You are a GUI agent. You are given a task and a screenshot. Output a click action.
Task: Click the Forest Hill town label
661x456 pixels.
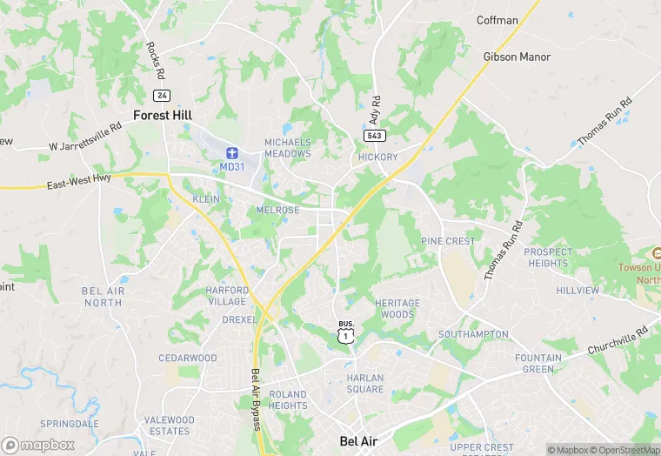tap(163, 115)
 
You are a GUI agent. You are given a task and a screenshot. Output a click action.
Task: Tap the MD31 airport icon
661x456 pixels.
tap(232, 152)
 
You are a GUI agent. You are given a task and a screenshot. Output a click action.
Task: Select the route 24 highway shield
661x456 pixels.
tap(160, 94)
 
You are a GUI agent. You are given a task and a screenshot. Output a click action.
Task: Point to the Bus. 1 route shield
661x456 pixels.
tap(346, 332)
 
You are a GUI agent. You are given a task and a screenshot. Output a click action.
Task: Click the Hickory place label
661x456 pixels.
tap(377, 158)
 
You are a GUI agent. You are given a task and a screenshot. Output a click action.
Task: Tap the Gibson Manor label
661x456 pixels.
tap(517, 57)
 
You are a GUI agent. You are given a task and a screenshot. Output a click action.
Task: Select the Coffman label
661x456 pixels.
tap(497, 20)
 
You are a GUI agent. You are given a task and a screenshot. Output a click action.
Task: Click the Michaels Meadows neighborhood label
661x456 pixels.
tap(288, 148)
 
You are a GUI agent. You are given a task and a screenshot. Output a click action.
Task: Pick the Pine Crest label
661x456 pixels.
tap(449, 241)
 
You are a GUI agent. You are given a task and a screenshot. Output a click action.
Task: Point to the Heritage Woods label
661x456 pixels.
tap(397, 308)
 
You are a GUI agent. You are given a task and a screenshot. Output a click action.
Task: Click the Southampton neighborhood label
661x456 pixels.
tap(473, 334)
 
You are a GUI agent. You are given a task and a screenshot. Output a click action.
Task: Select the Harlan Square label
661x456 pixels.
tap(365, 383)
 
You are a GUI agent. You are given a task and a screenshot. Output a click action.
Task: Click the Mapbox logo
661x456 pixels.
tap(38, 445)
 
